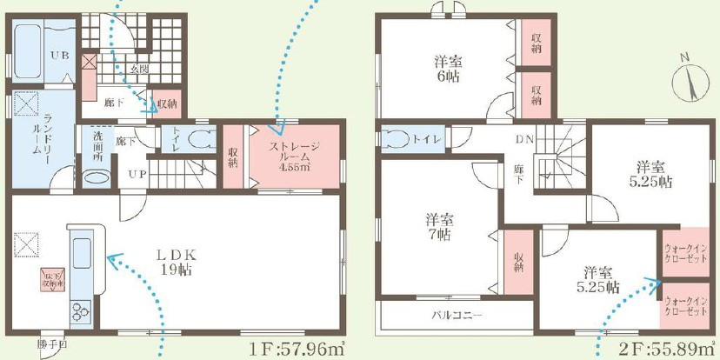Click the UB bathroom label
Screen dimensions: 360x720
pyautogui.click(x=59, y=55)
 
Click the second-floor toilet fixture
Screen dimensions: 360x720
pyautogui.click(x=396, y=140)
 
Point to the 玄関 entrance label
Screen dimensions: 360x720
pyautogui.click(x=139, y=68)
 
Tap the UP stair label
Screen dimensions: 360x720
pyautogui.click(x=137, y=174)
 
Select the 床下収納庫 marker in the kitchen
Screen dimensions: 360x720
pyautogui.click(x=52, y=280)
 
